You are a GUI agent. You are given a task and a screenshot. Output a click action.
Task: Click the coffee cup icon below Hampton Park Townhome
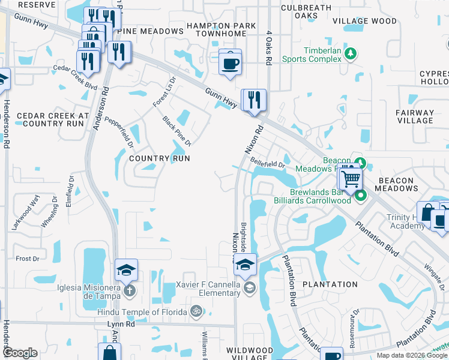(230, 62)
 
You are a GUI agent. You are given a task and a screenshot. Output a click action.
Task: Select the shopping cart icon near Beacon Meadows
(351, 178)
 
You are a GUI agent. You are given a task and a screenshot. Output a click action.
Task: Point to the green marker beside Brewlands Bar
(360, 196)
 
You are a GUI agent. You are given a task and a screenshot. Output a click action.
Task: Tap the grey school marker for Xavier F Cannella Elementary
(249, 289)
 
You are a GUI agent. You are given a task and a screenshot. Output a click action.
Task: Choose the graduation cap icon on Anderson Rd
(127, 271)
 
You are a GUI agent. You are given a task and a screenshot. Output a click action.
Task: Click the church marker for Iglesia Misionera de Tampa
(130, 291)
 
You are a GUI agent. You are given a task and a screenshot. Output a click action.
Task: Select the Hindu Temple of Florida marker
(194, 311)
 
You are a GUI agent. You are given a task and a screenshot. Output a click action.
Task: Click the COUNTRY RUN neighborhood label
(160, 158)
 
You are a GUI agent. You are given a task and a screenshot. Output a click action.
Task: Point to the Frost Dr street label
(27, 259)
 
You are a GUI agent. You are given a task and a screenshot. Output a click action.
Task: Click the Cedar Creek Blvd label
(74, 77)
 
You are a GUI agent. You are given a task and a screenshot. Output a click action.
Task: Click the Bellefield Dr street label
(267, 163)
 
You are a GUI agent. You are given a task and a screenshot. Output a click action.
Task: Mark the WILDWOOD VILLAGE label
(250, 353)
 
